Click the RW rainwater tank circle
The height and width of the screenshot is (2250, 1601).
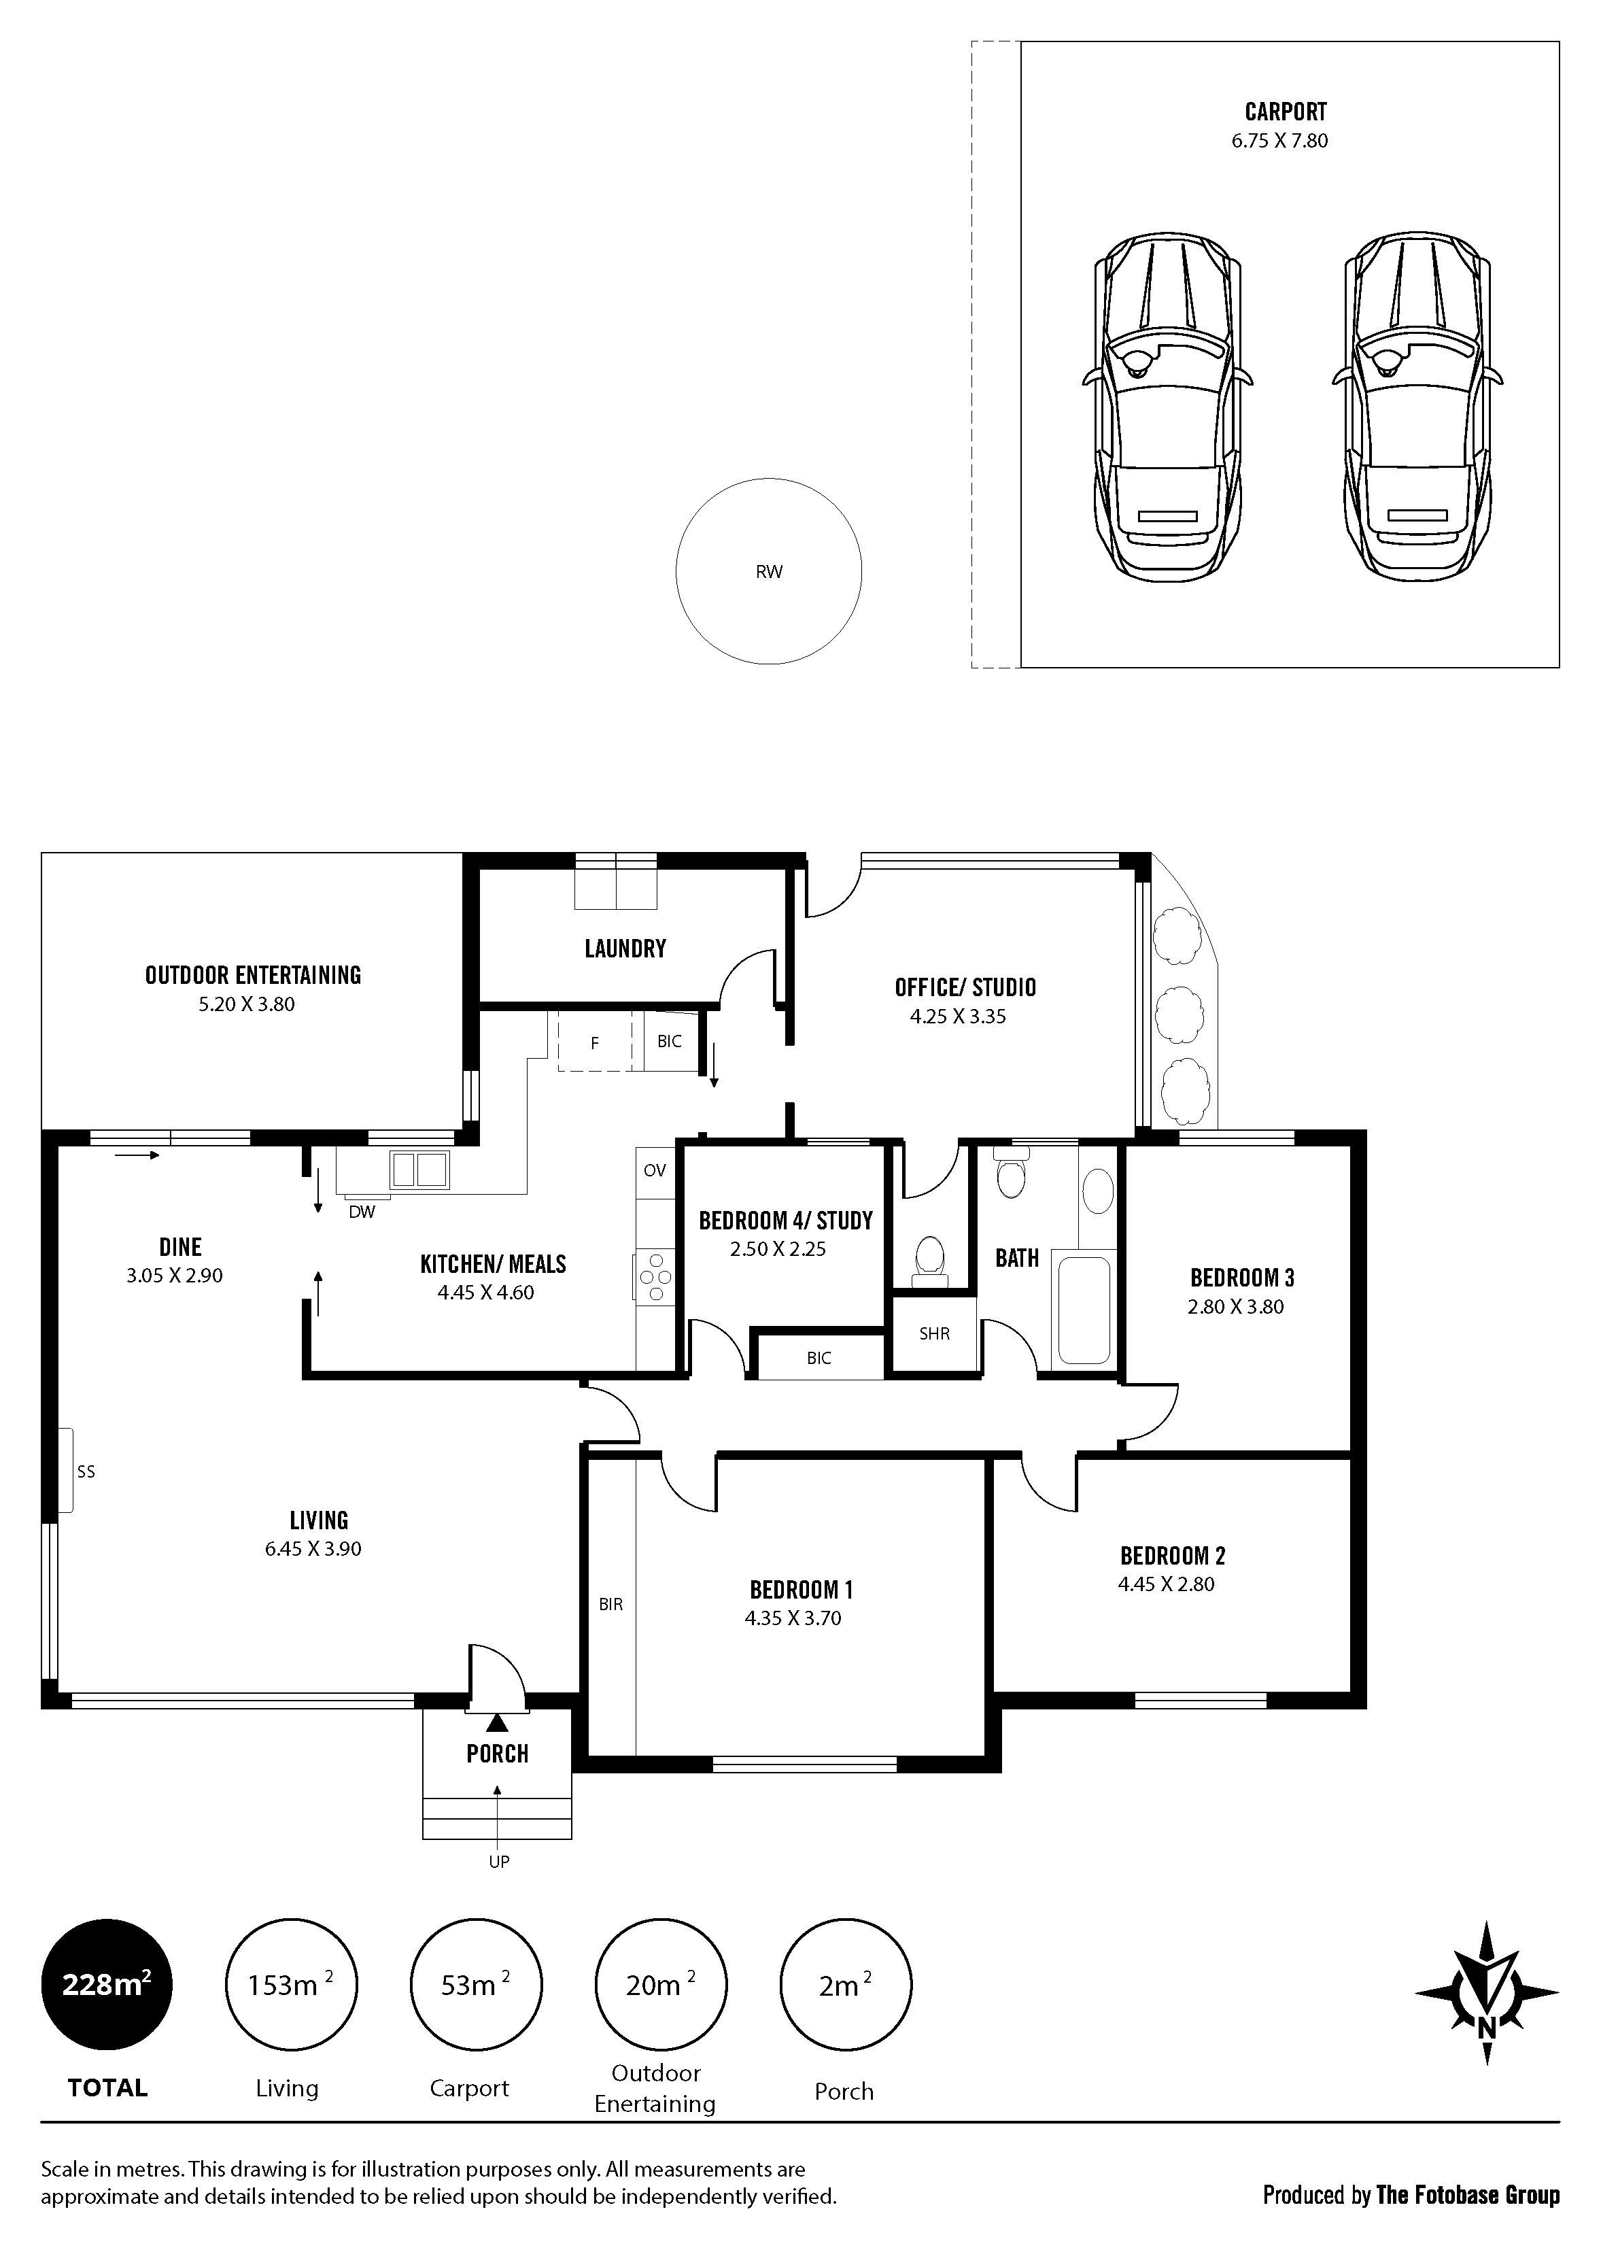[768, 571]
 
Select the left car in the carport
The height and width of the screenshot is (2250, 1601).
[1166, 407]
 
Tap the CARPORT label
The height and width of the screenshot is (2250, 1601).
[1285, 112]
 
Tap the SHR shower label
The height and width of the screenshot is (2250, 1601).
[933, 1334]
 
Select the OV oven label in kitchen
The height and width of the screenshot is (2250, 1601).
[655, 1170]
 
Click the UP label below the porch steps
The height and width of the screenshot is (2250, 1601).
[499, 1862]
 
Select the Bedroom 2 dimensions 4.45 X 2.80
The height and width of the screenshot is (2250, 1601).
[1165, 1584]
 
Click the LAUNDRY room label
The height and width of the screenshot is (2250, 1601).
[625, 949]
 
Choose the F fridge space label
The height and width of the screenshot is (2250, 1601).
[594, 1043]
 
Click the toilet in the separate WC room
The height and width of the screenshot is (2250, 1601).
[928, 1260]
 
